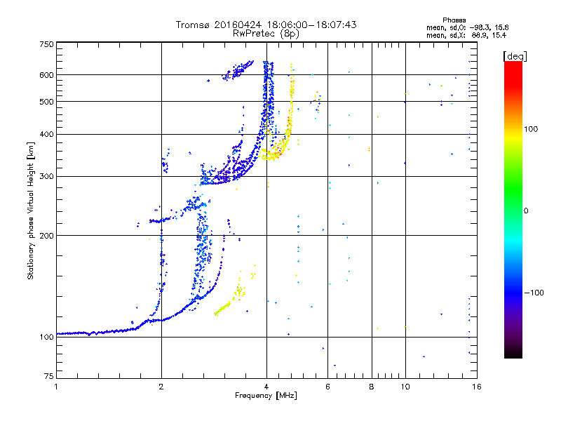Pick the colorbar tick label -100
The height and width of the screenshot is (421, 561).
click(x=534, y=293)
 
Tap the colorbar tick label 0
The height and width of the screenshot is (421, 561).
click(x=527, y=211)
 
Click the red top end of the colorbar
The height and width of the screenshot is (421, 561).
click(x=513, y=65)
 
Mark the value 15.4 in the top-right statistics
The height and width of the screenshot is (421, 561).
click(x=499, y=34)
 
